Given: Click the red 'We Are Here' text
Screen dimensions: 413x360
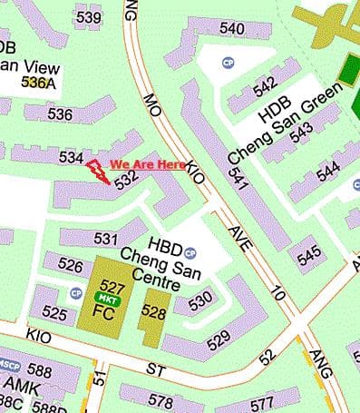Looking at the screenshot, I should point(148,165).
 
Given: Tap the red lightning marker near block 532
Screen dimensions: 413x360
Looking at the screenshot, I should point(97,171).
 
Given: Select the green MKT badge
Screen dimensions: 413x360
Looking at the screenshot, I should point(108,298).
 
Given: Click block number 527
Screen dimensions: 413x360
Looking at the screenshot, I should point(113,283).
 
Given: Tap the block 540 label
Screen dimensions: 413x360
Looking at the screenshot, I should point(232,29).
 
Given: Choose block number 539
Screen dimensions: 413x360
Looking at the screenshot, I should point(89,17).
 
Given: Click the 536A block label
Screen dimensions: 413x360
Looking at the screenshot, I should point(39,83).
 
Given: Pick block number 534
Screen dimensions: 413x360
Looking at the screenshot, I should point(71,157).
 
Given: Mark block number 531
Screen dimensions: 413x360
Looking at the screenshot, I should point(106,239).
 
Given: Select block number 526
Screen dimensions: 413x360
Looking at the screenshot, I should point(70,265).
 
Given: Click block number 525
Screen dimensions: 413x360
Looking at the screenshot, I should point(54,314).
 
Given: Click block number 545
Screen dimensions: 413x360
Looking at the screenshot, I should point(309,254).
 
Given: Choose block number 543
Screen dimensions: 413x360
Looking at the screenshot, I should point(302,129).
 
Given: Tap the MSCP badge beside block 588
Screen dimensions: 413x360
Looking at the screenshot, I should point(10,365).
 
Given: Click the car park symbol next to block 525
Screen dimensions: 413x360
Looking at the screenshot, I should point(76,293).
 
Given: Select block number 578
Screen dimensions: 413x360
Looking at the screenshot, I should point(160,400).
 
